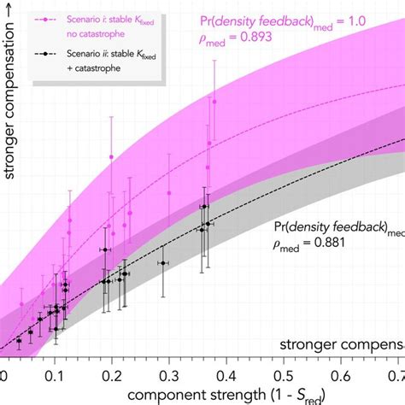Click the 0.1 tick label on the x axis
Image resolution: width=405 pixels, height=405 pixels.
56,376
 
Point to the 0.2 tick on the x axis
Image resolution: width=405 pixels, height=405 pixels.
112,376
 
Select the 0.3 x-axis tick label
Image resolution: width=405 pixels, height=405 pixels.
169,376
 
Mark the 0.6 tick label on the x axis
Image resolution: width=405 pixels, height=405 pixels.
341,376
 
